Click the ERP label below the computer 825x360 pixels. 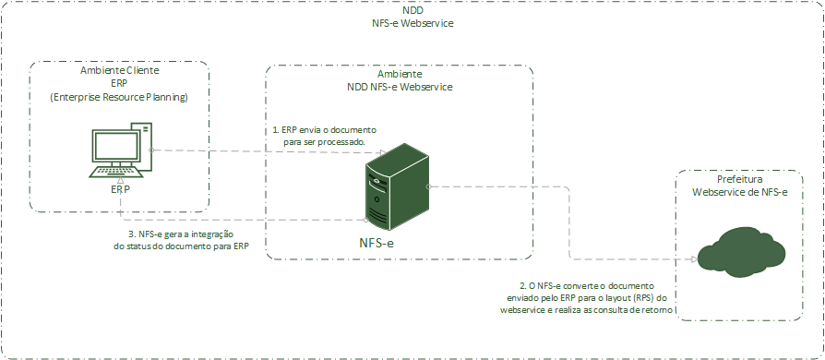(120, 188)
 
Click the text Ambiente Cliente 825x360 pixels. (120, 70)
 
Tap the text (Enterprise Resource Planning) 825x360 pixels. (119, 96)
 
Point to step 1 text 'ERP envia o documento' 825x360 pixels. (324, 130)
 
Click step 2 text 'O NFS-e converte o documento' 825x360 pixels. (586, 286)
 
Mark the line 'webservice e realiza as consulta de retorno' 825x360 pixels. (586, 312)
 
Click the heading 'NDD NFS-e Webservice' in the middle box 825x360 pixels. (400, 86)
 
